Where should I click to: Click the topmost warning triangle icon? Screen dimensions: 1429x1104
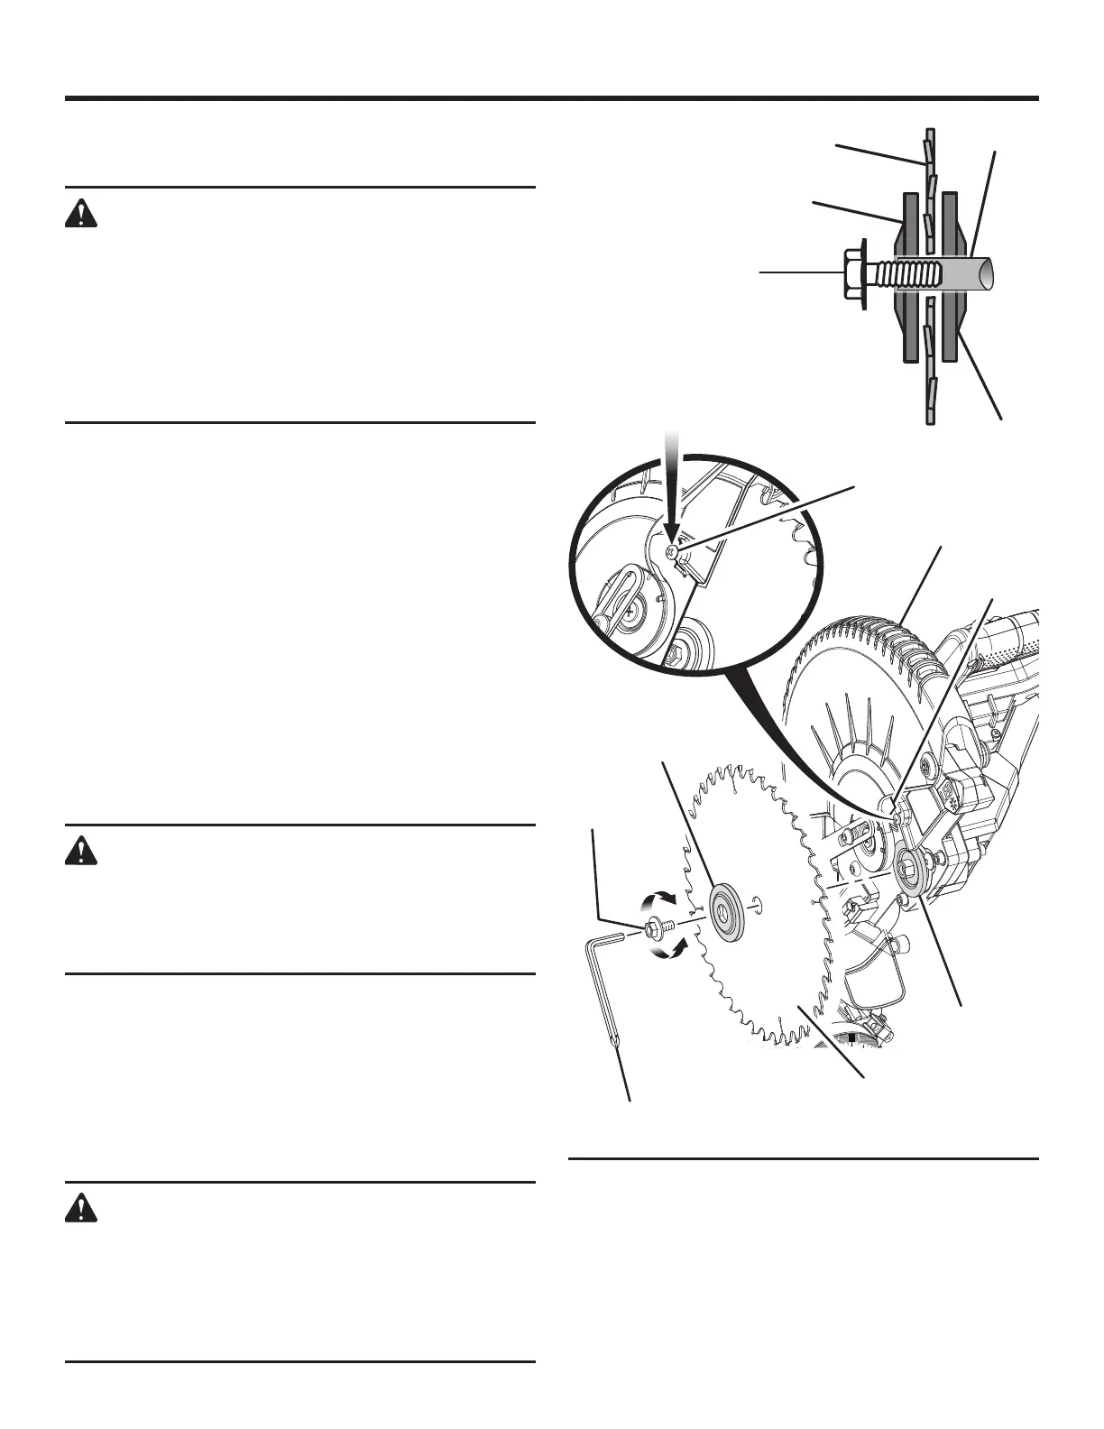[80, 214]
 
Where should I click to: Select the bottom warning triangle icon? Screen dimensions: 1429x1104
[80, 1208]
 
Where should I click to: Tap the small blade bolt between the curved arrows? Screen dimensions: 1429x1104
[656, 927]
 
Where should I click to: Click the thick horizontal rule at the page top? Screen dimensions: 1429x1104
[551, 98]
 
